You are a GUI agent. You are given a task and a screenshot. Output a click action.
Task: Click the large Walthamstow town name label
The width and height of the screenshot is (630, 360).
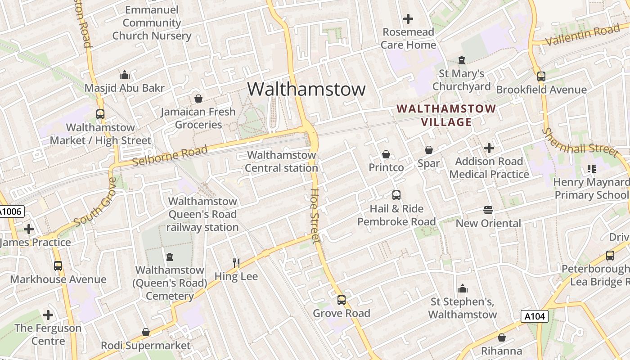[x=306, y=89]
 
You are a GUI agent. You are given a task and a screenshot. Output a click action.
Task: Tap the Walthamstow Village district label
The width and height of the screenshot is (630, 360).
[x=446, y=115]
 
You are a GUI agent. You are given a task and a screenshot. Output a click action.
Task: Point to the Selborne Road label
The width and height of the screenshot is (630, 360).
[x=171, y=156]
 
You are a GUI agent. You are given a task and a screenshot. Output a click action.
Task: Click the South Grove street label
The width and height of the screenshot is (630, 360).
[x=95, y=202]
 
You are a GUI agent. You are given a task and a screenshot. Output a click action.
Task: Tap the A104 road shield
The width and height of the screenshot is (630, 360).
[x=535, y=316]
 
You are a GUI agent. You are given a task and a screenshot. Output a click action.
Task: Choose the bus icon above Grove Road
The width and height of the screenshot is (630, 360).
[x=342, y=300]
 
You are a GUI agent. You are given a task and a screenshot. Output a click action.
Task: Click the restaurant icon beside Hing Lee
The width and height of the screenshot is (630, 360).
[x=236, y=263]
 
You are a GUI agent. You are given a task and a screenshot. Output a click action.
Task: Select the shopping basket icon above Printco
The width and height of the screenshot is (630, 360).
[x=386, y=154]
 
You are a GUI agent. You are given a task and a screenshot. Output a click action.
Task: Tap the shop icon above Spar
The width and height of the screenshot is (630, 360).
[x=428, y=149]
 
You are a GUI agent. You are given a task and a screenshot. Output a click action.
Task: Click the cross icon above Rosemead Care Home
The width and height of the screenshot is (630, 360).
[x=408, y=19]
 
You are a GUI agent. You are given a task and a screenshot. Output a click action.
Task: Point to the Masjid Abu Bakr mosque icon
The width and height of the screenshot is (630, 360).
[x=125, y=75]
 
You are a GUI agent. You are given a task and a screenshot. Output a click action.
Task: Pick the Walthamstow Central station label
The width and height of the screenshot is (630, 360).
[x=282, y=162]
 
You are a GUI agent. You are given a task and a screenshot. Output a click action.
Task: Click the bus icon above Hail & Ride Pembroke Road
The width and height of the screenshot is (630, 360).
[x=396, y=195]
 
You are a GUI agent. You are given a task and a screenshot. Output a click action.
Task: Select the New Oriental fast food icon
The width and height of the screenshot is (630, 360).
[x=488, y=210]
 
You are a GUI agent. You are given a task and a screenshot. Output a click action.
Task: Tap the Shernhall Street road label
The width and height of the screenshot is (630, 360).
[x=580, y=143]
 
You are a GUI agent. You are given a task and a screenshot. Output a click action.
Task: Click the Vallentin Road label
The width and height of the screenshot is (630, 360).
[x=582, y=35]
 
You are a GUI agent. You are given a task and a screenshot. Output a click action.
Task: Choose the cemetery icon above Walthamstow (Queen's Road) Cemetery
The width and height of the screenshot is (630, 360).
[x=170, y=257]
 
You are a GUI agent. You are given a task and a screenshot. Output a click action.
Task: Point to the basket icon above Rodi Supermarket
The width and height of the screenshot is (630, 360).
[x=145, y=332]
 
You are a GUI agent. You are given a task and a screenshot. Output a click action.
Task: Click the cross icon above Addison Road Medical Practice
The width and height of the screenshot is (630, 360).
[x=489, y=148]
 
